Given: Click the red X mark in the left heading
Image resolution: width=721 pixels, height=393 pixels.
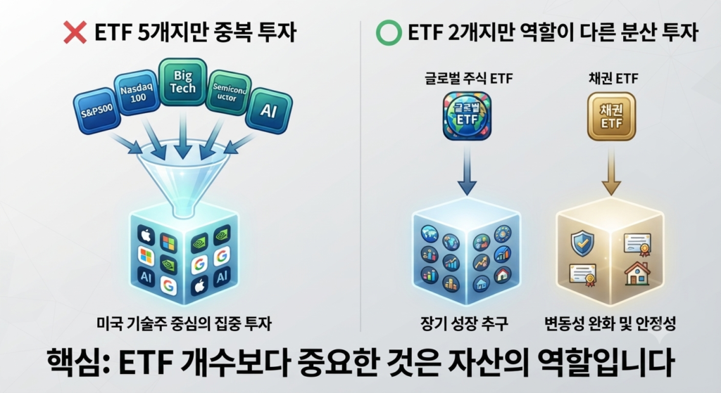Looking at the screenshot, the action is coord(75,32).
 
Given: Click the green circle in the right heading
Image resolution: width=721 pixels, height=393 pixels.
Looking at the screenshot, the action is coord(389,32).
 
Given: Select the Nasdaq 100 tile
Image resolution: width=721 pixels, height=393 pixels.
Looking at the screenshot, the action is coord(137,93).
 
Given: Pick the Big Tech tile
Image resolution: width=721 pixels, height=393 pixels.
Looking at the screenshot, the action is coord(182,82).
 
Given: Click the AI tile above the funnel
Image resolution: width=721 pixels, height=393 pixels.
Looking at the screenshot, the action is coord(268,110).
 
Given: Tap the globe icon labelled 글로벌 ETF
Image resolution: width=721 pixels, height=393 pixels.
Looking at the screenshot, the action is coord(468,116).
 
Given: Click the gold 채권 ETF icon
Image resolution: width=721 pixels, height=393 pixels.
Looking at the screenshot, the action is coord(612,116).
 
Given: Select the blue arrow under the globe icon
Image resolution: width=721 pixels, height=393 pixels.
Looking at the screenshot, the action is coord(468,171).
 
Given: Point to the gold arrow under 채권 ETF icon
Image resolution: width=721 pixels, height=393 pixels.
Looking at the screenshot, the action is coord(612,171).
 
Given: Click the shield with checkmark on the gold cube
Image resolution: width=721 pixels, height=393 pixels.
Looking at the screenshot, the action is coord(582,243).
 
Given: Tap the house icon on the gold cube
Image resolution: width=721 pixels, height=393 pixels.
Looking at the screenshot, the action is coord(637,273).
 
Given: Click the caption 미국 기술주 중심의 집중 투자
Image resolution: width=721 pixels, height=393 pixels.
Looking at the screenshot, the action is coord(184,323).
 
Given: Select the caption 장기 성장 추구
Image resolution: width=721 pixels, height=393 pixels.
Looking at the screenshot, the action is coord(464,323).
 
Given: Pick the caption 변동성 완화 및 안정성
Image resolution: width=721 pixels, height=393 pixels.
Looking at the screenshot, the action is coord(610,323).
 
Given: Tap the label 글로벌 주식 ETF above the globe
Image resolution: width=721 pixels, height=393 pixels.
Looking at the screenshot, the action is coord(468,79).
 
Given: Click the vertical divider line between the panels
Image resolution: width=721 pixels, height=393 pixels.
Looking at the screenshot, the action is coord(360,176).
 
